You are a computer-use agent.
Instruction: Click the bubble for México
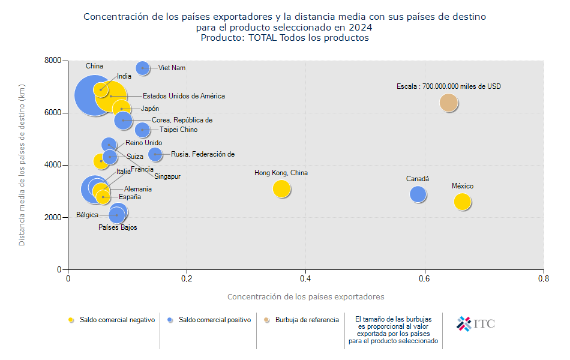pos(462,202)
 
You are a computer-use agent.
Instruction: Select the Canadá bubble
pos(418,194)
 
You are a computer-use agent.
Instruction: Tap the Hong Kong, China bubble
pos(281,188)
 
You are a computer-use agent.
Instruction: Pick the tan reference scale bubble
pos(449,103)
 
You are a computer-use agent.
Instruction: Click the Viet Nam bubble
pos(142,68)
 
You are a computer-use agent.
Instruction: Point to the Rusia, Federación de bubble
pos(155,154)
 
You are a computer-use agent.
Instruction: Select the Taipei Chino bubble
pos(142,130)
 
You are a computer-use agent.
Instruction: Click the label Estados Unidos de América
pos(184,96)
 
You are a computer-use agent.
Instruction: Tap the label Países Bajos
pos(118,227)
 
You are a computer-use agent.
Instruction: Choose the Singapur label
pos(167,176)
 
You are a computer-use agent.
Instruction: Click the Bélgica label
pos(87,215)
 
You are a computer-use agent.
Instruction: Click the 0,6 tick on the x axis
pos(424,279)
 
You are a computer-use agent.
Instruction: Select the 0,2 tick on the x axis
pos(187,279)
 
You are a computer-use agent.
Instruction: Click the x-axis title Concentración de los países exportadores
pos(305,296)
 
